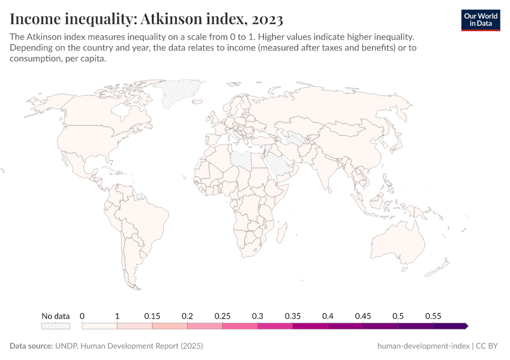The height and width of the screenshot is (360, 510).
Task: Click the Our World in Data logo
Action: click(480, 20)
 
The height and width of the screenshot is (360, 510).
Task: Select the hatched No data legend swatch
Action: click(55, 326)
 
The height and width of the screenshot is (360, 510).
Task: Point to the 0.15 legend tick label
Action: click(152, 316)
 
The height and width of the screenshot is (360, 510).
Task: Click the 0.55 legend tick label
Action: click(433, 316)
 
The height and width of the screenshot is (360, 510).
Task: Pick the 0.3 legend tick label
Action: click(257, 316)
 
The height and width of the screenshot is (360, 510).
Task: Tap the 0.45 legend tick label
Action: click(363, 316)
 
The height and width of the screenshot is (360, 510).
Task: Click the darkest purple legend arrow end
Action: click(466, 326)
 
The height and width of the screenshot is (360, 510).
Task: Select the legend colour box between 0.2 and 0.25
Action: click(205, 326)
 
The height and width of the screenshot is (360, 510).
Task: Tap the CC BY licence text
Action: click(488, 346)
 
